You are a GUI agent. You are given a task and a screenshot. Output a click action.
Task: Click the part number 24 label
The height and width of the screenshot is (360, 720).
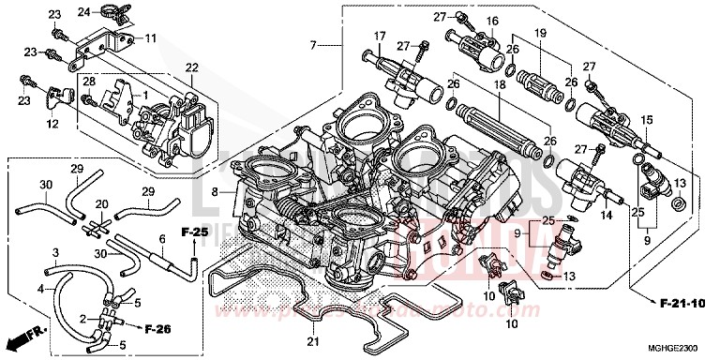click(x=83, y=11)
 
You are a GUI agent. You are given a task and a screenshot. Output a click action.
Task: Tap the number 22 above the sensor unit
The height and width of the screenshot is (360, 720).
click(x=191, y=67)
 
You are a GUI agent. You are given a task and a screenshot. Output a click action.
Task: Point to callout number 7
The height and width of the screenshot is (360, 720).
click(x=314, y=44)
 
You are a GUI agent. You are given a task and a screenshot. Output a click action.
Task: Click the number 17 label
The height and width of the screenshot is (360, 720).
click(x=380, y=37)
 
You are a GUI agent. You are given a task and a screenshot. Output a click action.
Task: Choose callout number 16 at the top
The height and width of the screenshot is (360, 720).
click(x=490, y=21)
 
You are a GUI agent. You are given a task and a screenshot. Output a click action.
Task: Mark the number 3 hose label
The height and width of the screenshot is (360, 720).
click(x=55, y=252)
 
